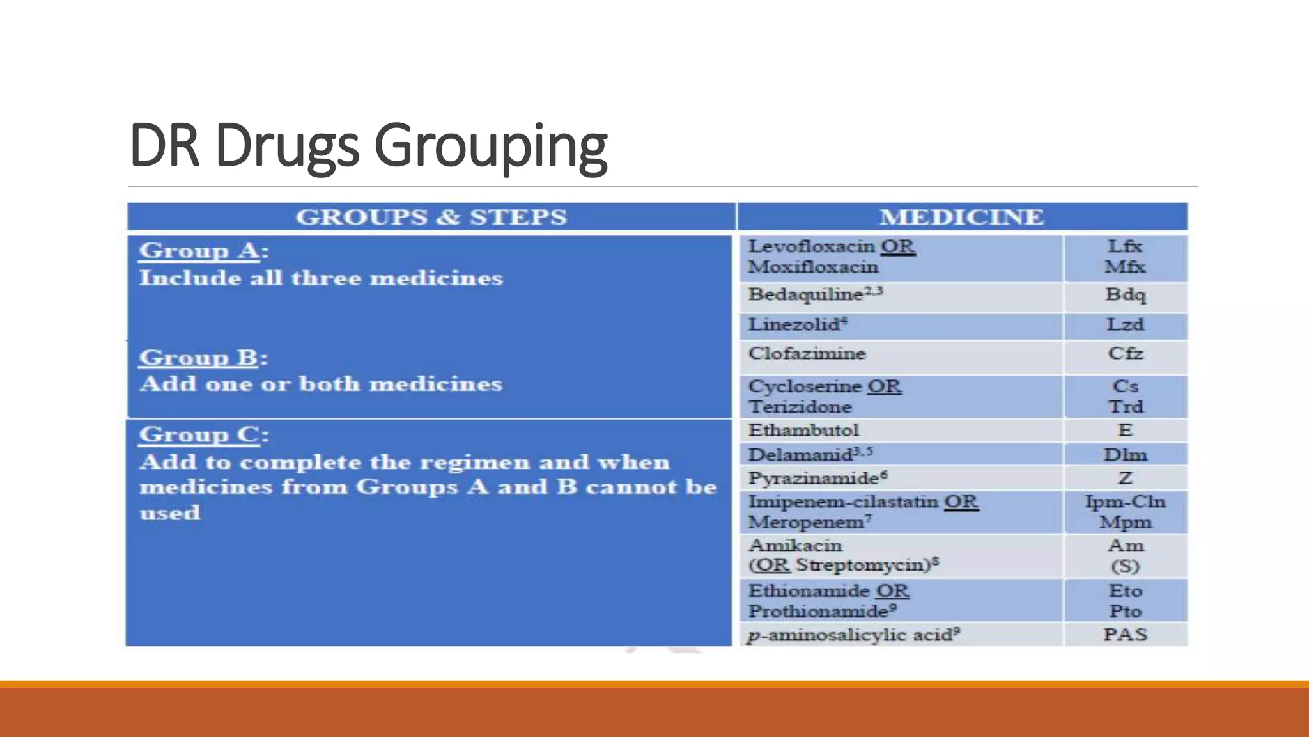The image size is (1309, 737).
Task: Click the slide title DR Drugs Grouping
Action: pyautogui.click(x=368, y=146)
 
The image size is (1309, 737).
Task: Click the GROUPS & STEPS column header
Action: pyautogui.click(x=431, y=217)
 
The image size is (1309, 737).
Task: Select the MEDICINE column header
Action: pyautogui.click(x=961, y=217)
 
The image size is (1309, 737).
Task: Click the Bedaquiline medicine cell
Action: pyautogui.click(x=815, y=294)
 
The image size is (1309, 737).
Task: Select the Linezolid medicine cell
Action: pyautogui.click(x=797, y=324)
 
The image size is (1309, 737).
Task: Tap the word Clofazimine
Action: pyautogui.click(x=807, y=353)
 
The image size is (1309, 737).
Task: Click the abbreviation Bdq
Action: pyautogui.click(x=1125, y=295)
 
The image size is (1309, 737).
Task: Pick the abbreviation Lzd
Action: pyautogui.click(x=1125, y=324)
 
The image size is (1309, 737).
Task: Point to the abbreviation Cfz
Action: pyautogui.click(x=1125, y=353)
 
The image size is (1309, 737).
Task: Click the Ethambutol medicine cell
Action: pyautogui.click(x=803, y=430)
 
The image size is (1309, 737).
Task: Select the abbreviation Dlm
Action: pyautogui.click(x=1125, y=455)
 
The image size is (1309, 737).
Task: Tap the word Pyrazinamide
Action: pyautogui.click(x=813, y=479)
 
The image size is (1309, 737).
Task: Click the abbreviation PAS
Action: pyautogui.click(x=1125, y=635)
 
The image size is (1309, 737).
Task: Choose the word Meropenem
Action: pyautogui.click(x=806, y=523)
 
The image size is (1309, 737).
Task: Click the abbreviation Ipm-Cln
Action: pyautogui.click(x=1125, y=502)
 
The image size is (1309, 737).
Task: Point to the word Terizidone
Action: pyautogui.click(x=800, y=407)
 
